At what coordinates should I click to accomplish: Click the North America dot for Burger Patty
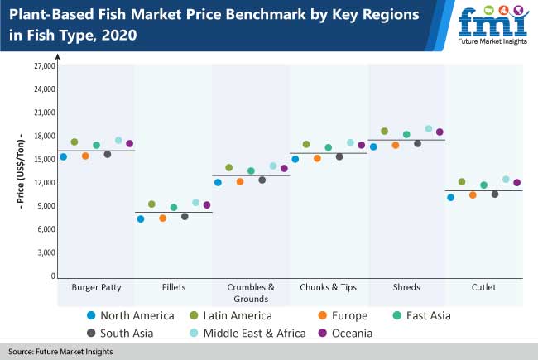(63, 156)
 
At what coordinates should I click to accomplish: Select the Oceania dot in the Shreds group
(440, 132)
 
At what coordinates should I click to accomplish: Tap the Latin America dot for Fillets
(151, 204)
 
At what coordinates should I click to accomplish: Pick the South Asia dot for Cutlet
(495, 194)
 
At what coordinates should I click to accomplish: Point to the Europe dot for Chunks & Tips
(317, 158)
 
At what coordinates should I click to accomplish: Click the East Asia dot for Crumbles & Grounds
(251, 170)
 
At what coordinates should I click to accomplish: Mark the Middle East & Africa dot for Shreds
(428, 128)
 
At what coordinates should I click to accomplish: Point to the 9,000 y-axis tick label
(44, 206)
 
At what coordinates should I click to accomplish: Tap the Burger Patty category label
(96, 287)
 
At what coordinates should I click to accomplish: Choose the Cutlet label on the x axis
(483, 287)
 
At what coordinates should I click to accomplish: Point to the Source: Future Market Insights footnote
(61, 352)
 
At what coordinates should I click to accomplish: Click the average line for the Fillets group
(174, 213)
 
